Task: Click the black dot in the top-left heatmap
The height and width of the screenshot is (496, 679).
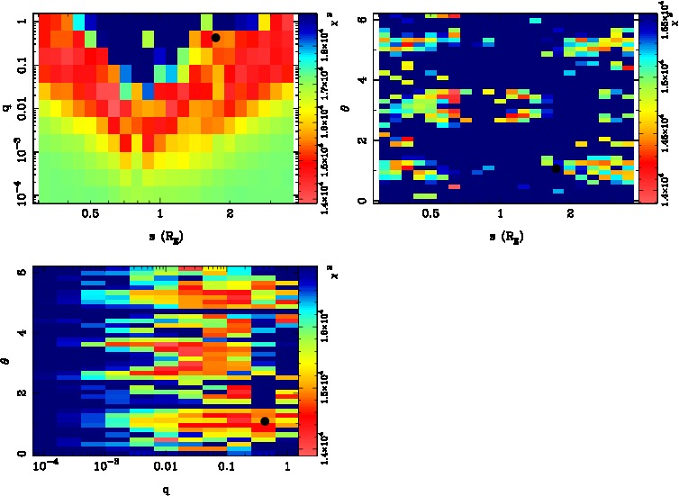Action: [x=215, y=38]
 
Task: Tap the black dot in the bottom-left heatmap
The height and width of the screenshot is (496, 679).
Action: [x=264, y=421]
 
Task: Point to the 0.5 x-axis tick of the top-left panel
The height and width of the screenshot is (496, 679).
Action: [x=90, y=213]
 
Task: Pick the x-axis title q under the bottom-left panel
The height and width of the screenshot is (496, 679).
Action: [x=167, y=491]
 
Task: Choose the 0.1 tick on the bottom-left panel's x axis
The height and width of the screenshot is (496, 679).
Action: [x=226, y=468]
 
